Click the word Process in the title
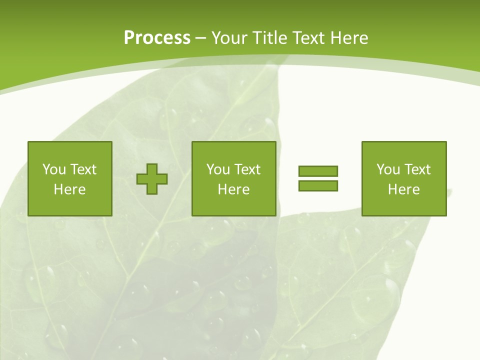pos(157,38)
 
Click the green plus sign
pos(152,179)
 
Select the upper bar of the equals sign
pos(318,171)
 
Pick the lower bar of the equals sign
pos(318,185)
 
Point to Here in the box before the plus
pos(70,189)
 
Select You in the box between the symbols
pos(218,169)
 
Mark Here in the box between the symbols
pos(234,189)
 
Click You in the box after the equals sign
pos(388,169)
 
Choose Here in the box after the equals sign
pos(404,189)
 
